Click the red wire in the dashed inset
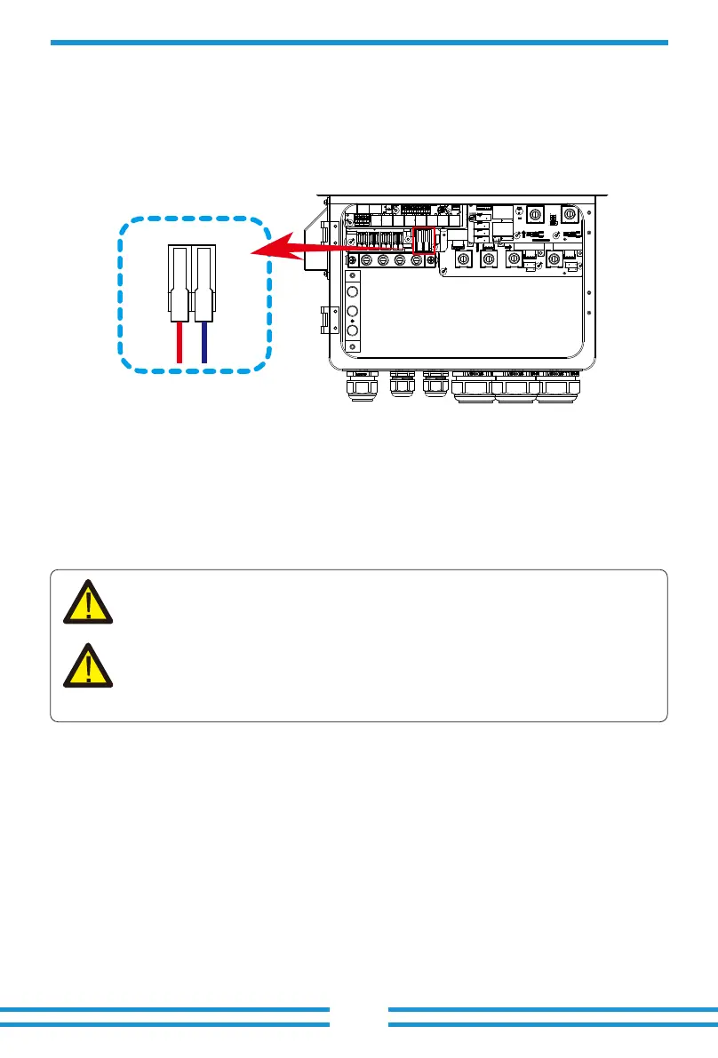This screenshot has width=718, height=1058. (x=179, y=342)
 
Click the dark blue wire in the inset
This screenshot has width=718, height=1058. (x=204, y=342)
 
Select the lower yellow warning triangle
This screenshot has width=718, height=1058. (x=88, y=666)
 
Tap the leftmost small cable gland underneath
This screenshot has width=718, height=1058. (x=361, y=387)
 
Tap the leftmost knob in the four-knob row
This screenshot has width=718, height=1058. (x=463, y=259)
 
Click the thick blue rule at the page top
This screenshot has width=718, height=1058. (x=359, y=42)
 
